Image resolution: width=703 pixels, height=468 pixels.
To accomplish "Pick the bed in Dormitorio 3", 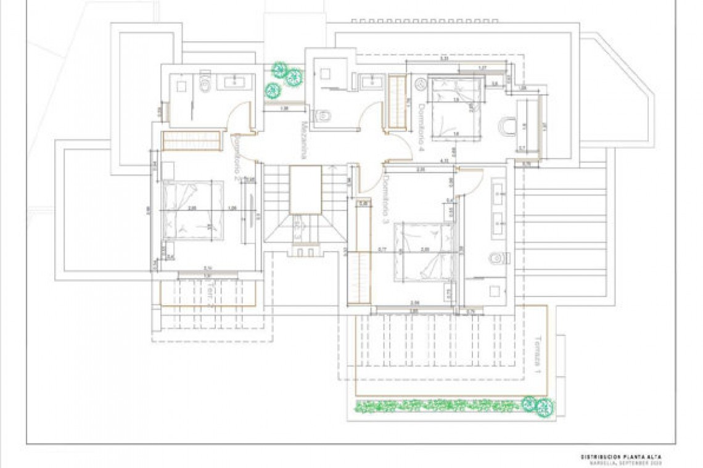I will tap(424, 251).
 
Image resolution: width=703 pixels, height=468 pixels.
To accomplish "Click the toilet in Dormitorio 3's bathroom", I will tap(497, 259).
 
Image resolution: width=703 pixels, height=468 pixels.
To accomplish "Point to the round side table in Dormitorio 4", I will tap(422, 83).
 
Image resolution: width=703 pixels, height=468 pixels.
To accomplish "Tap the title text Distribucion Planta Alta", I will tap(621, 457).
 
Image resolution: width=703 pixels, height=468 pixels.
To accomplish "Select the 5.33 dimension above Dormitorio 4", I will tap(444, 60).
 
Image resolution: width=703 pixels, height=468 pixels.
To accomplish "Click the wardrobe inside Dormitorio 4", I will tap(398, 102).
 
